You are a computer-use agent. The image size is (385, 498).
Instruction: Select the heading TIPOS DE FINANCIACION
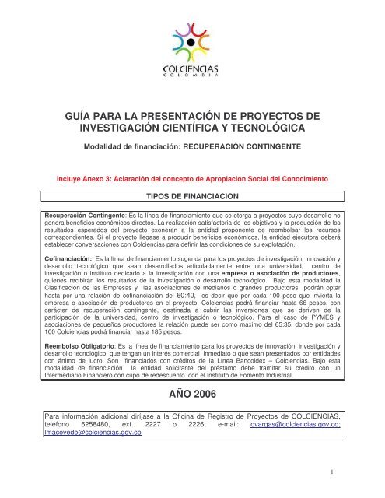[191, 198]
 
